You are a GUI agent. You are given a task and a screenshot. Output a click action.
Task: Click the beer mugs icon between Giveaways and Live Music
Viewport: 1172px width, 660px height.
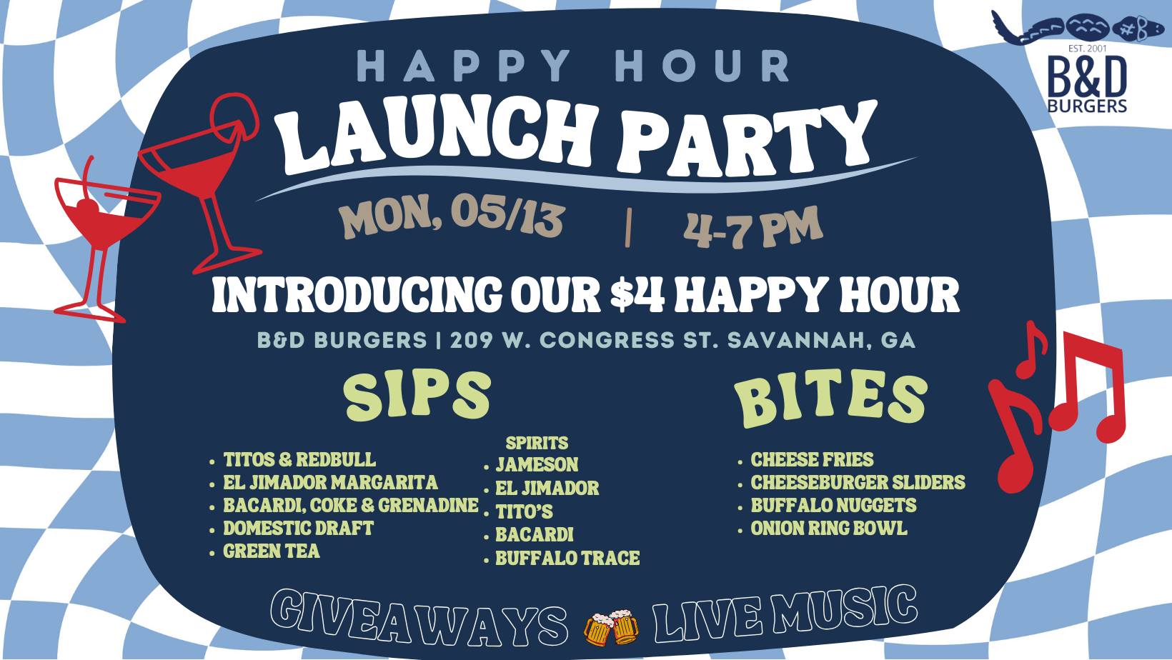pyautogui.click(x=611, y=626)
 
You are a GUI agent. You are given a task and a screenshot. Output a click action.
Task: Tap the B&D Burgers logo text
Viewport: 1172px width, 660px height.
pyautogui.click(x=1087, y=84)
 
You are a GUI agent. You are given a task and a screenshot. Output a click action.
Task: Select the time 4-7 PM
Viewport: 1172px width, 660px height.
pyautogui.click(x=753, y=226)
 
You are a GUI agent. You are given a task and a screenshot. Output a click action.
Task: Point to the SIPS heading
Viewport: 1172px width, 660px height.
pyautogui.click(x=417, y=396)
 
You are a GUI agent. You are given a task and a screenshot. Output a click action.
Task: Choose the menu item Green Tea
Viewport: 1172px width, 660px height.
pyautogui.click(x=271, y=551)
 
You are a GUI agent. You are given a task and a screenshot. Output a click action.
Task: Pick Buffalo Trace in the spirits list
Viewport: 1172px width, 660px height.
pyautogui.click(x=567, y=558)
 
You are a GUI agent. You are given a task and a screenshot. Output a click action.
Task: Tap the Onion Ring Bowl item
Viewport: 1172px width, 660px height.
pyautogui.click(x=829, y=528)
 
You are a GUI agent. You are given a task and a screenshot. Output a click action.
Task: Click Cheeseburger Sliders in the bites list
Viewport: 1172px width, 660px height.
pyautogui.click(x=858, y=482)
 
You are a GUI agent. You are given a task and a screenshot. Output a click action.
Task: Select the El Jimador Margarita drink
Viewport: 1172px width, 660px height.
pyautogui.click(x=330, y=482)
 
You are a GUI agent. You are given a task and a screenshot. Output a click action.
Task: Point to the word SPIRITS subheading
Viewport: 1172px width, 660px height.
pyautogui.click(x=537, y=443)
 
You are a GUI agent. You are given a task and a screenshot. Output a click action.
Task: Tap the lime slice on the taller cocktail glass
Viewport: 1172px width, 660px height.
pyautogui.click(x=237, y=116)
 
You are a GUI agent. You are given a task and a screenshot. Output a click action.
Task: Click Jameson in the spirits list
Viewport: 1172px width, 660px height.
pyautogui.click(x=537, y=464)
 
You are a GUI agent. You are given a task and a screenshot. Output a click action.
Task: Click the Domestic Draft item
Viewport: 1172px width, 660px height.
pyautogui.click(x=298, y=528)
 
